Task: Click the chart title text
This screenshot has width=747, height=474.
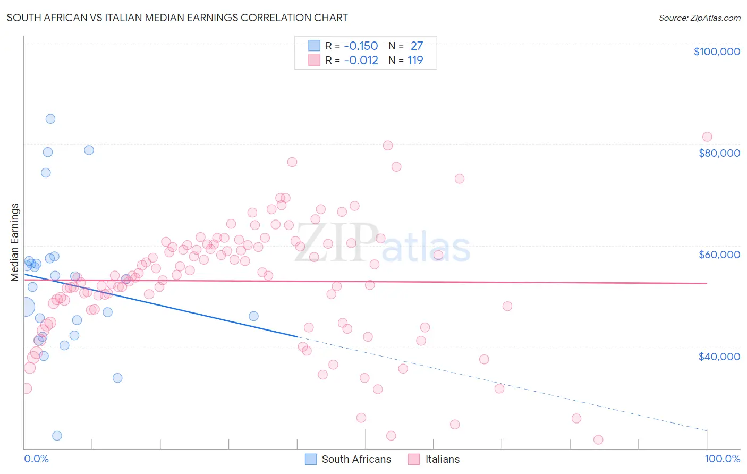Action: tap(177, 18)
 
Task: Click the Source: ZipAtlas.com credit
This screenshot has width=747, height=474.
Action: tap(699, 18)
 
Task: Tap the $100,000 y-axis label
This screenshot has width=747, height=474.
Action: tap(717, 52)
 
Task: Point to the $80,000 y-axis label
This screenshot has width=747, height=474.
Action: tap(719, 153)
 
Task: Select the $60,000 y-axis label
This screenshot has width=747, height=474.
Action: tap(719, 255)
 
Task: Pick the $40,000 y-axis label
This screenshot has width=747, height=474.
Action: tap(719, 356)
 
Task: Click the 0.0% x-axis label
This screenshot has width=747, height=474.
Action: tap(36, 459)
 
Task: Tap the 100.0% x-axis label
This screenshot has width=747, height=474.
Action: tap(722, 459)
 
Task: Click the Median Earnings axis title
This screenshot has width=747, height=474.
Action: tap(15, 242)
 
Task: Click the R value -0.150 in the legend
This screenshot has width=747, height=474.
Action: tap(361, 46)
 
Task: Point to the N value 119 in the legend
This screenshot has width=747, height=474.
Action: tap(415, 61)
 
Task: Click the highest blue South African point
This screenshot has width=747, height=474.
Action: tap(50, 119)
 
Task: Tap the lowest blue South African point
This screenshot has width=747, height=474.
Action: tap(57, 436)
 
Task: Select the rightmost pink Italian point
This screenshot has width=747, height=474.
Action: tap(707, 137)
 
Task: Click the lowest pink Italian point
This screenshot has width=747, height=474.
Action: tap(598, 439)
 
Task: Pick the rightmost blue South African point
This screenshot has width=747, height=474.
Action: tap(253, 316)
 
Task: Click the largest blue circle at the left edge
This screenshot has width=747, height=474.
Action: tap(25, 307)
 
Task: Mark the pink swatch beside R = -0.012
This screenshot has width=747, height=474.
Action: tap(314, 61)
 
